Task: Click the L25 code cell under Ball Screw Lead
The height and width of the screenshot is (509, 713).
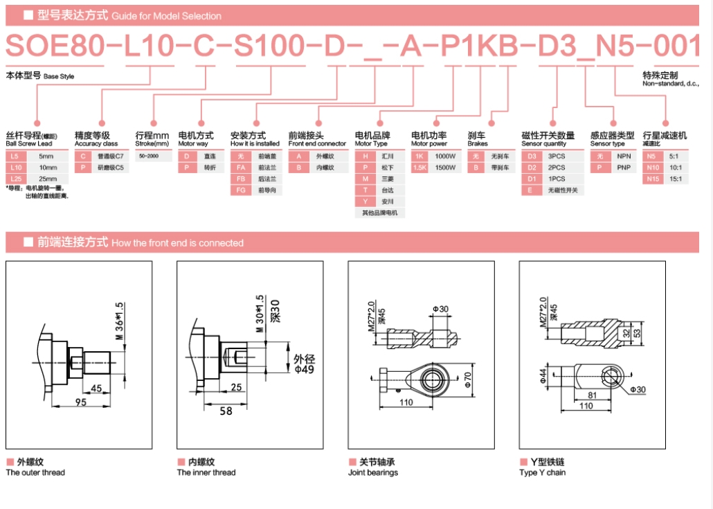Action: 15,179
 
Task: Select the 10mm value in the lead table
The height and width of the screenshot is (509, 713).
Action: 48,168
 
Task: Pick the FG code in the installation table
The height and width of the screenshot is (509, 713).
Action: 241,190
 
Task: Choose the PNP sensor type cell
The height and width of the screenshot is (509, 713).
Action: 623,168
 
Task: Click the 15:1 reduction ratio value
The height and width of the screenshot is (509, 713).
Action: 675,179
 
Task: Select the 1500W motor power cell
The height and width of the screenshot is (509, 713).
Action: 444,168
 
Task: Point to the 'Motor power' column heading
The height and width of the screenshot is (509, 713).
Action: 429,144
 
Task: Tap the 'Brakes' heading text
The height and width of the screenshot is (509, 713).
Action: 478,144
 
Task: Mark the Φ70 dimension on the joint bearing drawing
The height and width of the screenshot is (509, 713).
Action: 468,378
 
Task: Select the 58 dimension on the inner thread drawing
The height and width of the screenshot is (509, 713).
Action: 226,411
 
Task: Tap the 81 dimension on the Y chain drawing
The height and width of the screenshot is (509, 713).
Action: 593,396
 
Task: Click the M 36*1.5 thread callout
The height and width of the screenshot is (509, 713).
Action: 120,321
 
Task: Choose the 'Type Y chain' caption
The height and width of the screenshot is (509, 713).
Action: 542,473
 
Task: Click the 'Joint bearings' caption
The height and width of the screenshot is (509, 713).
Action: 373,473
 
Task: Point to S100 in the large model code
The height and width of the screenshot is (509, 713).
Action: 269,46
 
